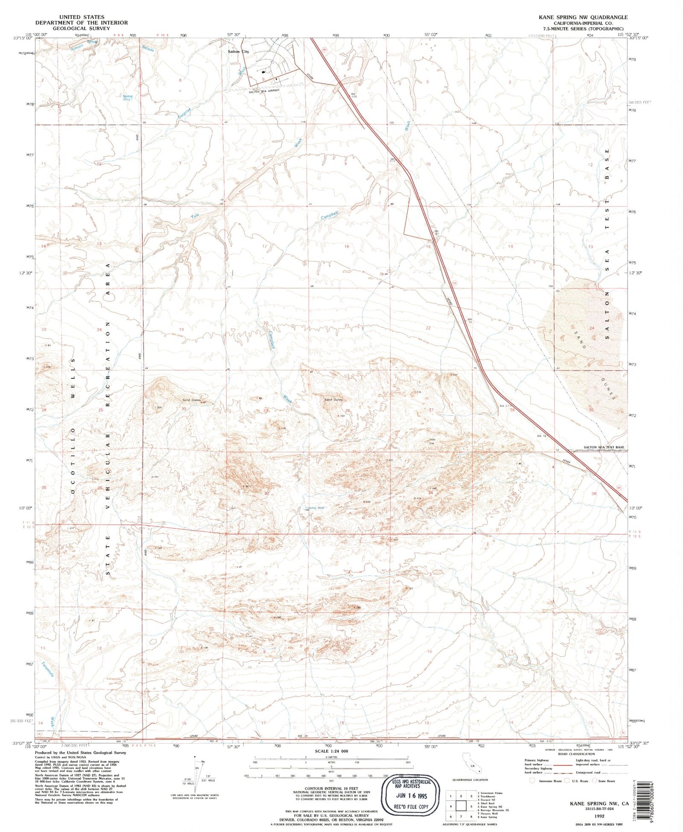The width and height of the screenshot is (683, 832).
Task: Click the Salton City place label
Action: click(x=238, y=52)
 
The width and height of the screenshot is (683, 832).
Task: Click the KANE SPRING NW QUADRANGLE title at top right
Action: click(x=583, y=17)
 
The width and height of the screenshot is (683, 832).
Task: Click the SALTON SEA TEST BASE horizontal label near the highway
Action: click(x=604, y=447)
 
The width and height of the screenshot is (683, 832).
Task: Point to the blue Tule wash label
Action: click(x=195, y=215)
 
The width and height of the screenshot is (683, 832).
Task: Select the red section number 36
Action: click(x=594, y=494)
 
